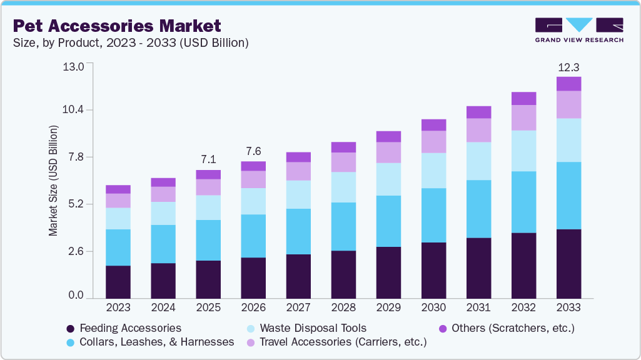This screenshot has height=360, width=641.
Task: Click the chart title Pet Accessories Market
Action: pos(117,26)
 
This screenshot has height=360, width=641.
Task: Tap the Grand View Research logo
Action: pos(578,29)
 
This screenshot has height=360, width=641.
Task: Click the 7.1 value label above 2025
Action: pos(208,159)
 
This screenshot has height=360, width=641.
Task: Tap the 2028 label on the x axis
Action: pos(343,307)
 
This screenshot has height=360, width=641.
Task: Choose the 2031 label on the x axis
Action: pos(478,307)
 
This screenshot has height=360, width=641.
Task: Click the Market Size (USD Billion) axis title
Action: pos(53,181)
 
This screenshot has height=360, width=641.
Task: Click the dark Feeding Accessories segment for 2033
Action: pos(568,263)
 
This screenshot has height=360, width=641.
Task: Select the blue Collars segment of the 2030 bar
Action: pos(433,215)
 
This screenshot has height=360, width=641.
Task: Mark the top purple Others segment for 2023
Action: pos(118,189)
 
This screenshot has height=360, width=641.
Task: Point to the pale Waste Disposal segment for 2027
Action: pos(298,194)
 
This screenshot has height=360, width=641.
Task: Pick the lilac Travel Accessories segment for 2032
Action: pos(523,117)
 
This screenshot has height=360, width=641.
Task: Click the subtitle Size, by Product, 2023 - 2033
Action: pos(131,43)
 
